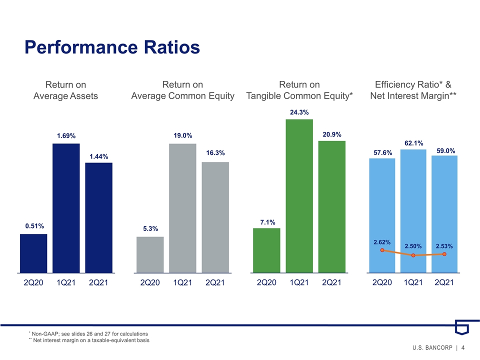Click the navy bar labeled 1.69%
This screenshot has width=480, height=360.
(x=66, y=208)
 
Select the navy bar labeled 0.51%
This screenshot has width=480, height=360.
(x=33, y=253)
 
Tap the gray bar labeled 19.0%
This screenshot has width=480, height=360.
(x=183, y=208)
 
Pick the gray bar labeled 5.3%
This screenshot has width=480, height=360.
(x=150, y=254)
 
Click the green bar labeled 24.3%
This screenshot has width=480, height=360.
(x=299, y=196)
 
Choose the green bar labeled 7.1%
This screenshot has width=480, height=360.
(x=266, y=250)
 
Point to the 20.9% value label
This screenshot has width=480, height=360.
(x=332, y=134)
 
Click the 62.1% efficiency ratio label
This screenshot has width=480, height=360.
(x=414, y=143)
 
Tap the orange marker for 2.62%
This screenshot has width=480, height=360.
(x=382, y=250)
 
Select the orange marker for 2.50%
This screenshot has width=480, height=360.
(x=413, y=255)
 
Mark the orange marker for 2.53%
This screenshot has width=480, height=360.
(x=444, y=254)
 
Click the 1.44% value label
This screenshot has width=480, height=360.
(x=99, y=156)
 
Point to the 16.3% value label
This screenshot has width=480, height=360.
(x=215, y=153)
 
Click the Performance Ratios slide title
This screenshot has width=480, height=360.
(x=112, y=47)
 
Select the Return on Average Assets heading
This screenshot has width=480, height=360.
(x=65, y=90)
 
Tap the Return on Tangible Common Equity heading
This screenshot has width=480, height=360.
(x=299, y=90)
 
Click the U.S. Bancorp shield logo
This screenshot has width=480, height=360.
(x=462, y=327)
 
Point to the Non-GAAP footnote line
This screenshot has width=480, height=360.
(x=88, y=333)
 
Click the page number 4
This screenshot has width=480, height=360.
(x=463, y=347)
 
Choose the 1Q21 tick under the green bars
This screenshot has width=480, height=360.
(x=299, y=282)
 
